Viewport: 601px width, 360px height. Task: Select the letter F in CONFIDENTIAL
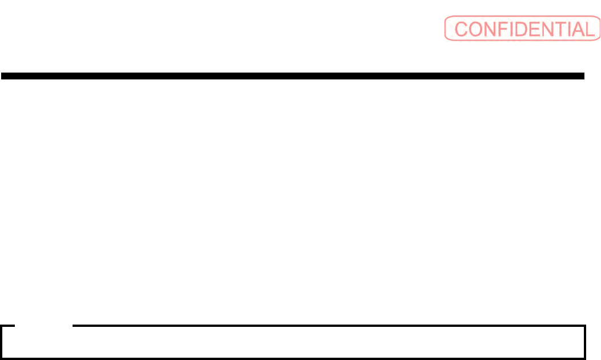[505, 29]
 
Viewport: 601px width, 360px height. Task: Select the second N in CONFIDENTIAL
[552, 29]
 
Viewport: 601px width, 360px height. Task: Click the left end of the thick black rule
[2, 75]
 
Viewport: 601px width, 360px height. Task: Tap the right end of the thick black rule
[584, 75]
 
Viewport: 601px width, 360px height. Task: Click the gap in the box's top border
[44, 326]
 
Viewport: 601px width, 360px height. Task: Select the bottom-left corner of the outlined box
[2, 358]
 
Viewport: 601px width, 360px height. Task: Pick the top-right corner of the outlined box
[586, 326]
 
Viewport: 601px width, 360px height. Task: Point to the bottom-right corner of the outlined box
[586, 358]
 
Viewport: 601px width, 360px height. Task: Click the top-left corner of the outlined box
[2, 326]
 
